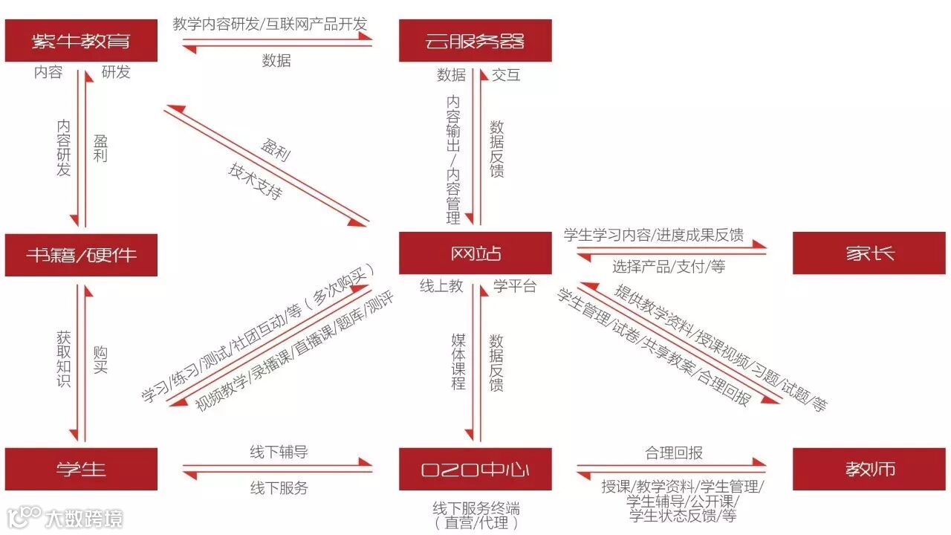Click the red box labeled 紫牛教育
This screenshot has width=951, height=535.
[81, 41]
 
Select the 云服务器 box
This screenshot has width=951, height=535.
[475, 41]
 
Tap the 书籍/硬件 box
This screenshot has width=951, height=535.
[81, 255]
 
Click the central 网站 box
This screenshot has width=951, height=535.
[475, 253]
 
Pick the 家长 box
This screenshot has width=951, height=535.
[869, 253]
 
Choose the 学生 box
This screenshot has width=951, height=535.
[81, 469]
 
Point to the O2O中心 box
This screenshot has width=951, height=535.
[475, 469]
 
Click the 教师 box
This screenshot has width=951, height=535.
[869, 469]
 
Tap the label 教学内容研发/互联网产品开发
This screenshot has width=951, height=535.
[270, 24]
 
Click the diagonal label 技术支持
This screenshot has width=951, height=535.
[255, 181]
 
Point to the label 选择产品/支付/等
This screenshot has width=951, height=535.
[669, 266]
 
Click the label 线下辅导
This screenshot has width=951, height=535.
[279, 452]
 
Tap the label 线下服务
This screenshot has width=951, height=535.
[279, 488]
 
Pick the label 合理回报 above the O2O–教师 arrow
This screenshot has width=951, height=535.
[674, 453]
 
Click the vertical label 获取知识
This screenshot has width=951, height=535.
[64, 360]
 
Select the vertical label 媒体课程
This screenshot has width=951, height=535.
[458, 362]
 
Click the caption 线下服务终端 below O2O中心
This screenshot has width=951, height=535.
[476, 508]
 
